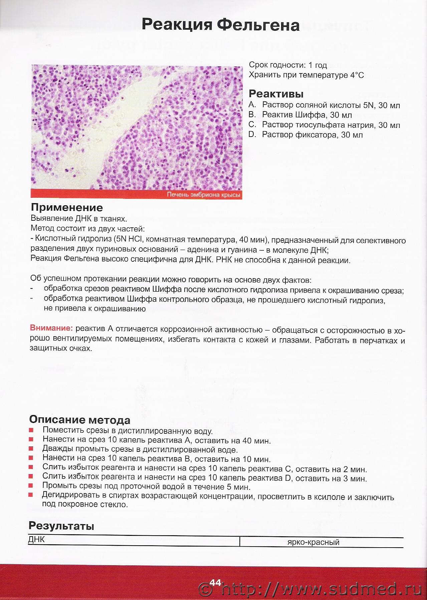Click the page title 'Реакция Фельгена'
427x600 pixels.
click(220, 25)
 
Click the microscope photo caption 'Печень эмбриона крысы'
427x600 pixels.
click(203, 195)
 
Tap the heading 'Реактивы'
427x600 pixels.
click(276, 94)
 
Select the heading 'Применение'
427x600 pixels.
click(67, 207)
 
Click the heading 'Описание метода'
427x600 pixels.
click(79, 420)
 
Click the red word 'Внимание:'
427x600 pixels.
click(51, 328)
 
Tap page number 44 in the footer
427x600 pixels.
click(215, 582)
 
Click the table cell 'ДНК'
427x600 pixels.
click(36, 540)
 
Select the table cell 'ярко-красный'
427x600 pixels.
click(313, 542)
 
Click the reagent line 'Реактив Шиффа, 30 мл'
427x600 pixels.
click(307, 115)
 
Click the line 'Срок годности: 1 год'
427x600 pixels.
click(288, 65)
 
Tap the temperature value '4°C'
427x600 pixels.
click(357, 75)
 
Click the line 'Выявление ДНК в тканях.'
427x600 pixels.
click(79, 219)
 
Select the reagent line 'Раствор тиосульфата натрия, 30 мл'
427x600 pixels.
click(331, 125)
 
